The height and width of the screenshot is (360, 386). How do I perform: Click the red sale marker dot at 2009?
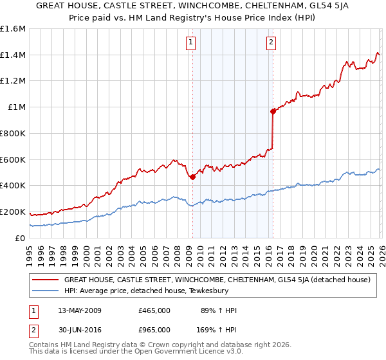tap(192, 177)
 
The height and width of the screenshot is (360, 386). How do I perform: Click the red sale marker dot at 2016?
tap(273, 111)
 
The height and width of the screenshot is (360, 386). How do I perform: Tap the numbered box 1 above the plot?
tap(192, 43)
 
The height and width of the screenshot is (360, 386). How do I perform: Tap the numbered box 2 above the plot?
tap(271, 43)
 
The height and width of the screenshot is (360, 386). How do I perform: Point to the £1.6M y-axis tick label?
tap(13, 29)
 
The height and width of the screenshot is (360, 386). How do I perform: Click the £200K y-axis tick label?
tap(13, 212)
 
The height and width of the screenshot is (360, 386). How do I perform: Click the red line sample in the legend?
tap(45, 280)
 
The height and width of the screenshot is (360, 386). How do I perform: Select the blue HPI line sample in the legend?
tap(45, 291)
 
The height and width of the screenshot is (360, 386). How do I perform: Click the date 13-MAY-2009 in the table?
tap(79, 310)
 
